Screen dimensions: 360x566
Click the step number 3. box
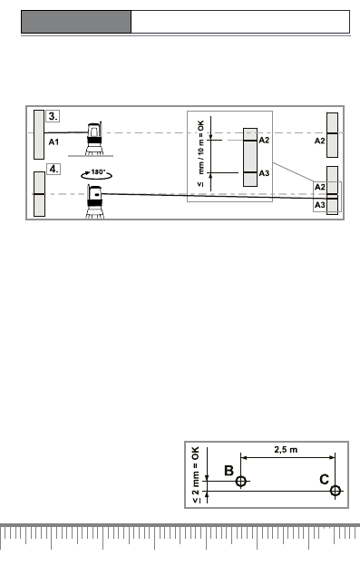pyautogui.click(x=53, y=116)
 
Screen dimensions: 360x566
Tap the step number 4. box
pyautogui.click(x=54, y=169)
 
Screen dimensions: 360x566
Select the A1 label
pyautogui.click(x=54, y=141)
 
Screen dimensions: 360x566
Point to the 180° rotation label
pyautogui.click(x=98, y=171)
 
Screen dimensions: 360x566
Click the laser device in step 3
pyautogui.click(x=93, y=139)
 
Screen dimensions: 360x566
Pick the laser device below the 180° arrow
pyautogui.click(x=94, y=201)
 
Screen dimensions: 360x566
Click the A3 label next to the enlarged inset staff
pyautogui.click(x=264, y=173)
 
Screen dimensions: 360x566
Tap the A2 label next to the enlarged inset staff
pyautogui.click(x=264, y=140)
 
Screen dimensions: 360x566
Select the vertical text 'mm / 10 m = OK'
pyautogui.click(x=201, y=147)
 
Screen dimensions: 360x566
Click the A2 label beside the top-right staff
pyautogui.click(x=319, y=141)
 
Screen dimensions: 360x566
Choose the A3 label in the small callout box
pyautogui.click(x=319, y=205)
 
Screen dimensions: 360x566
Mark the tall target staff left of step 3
pyautogui.click(x=39, y=134)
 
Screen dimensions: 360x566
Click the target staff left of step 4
pyautogui.click(x=39, y=194)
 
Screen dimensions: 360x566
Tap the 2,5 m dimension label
pyautogui.click(x=286, y=450)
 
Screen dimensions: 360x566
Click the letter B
pyautogui.click(x=229, y=471)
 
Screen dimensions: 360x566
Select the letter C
pyautogui.click(x=325, y=479)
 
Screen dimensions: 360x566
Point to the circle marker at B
pyautogui.click(x=241, y=481)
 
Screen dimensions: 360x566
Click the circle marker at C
pyautogui.click(x=336, y=491)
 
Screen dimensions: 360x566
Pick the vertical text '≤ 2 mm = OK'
pyautogui.click(x=195, y=474)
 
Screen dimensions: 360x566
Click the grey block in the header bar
pyautogui.click(x=76, y=22)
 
